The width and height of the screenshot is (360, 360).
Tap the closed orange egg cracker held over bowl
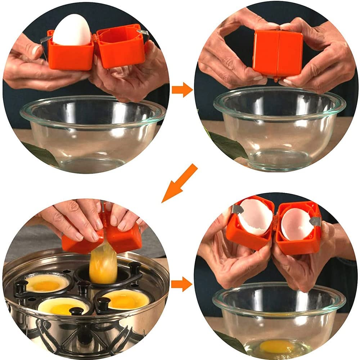(278, 53)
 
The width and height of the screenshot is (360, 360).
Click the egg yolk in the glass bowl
(277, 346)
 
